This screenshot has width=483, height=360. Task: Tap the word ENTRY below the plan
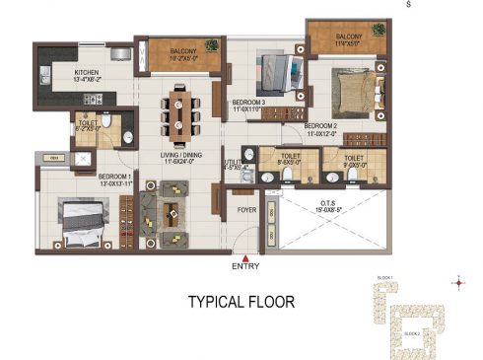point(245,267)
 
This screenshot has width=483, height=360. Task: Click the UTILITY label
point(234,161)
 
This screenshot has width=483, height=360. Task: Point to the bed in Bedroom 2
point(350,91)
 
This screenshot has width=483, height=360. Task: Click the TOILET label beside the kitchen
point(89,124)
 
